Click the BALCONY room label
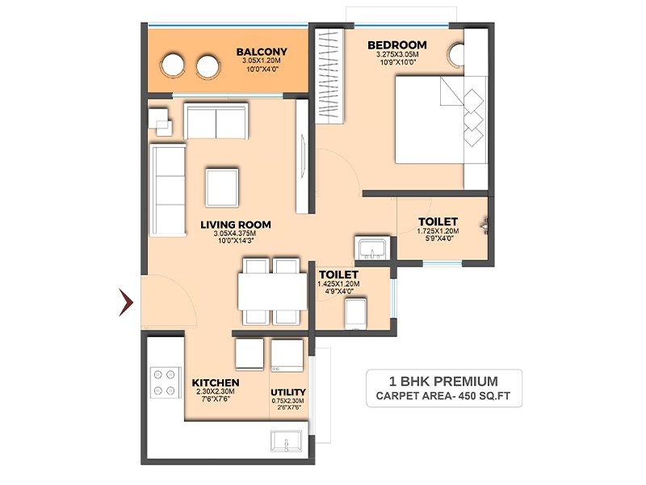tap(262, 52)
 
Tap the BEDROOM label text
tap(397, 45)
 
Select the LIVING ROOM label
tap(236, 225)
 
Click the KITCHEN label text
tap(216, 383)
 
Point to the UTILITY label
tap(288, 392)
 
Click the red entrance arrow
tap(126, 302)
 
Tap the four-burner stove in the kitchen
tap(166, 382)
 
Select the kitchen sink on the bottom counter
tap(287, 441)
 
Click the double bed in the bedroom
tap(441, 120)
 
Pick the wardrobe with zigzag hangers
tap(329, 76)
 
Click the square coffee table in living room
tap(222, 188)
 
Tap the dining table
tap(272, 292)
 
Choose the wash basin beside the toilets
tap(372, 249)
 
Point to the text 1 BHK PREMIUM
tap(443, 382)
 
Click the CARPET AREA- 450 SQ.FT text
tap(443, 396)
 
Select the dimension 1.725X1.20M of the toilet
tap(438, 231)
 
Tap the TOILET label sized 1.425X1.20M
tap(338, 275)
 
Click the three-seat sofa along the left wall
tap(168, 190)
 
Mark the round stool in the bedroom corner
tap(457, 54)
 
